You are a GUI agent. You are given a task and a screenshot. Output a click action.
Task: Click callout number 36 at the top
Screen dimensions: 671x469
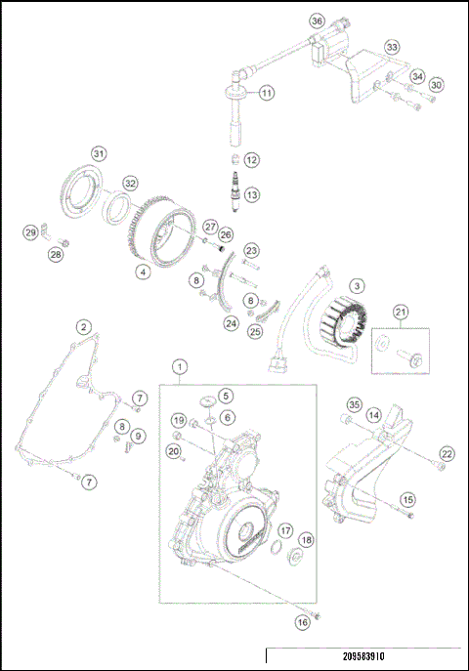coord(316,21)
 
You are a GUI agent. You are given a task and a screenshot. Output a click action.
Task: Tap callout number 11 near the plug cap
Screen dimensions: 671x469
coord(267,93)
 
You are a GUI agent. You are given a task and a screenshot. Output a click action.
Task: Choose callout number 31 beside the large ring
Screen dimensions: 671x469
coord(98,154)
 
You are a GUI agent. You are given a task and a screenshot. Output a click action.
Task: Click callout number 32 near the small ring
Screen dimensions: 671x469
coord(130,182)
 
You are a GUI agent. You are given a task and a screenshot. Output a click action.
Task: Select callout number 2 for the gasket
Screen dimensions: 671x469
coord(85,327)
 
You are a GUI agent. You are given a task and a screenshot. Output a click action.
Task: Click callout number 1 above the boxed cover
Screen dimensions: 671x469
coord(179,367)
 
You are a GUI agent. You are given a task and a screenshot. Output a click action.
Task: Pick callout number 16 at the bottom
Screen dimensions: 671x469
coord(302,620)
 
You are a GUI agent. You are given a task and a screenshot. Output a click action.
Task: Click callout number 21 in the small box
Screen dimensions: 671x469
coord(400,312)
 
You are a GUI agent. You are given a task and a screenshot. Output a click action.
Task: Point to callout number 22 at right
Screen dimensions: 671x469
coord(447,453)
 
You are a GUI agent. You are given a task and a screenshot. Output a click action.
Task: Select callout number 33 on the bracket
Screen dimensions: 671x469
coord(392,47)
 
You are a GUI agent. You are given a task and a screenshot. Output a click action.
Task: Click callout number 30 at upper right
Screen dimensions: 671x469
coord(436,85)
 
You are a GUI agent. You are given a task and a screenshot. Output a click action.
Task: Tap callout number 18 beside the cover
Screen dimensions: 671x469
coord(306,540)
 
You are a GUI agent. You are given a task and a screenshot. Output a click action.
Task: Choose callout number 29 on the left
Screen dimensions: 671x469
coord(30,231)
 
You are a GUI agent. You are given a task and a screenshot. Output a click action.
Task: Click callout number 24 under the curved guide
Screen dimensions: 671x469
coord(231,323)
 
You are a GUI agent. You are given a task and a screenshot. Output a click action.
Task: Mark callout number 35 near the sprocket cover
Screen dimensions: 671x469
coord(355,404)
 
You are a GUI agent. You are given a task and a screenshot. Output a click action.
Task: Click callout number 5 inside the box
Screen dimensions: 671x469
coord(226,396)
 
